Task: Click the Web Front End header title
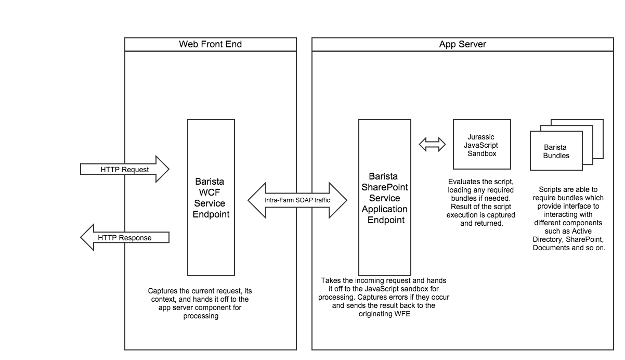click(211, 44)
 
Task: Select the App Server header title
click(463, 44)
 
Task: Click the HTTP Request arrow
click(125, 169)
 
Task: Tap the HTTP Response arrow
click(125, 238)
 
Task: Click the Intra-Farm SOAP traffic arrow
click(297, 200)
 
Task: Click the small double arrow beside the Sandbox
click(432, 144)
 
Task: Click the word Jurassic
click(481, 137)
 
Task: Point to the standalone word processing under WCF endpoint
click(201, 316)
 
